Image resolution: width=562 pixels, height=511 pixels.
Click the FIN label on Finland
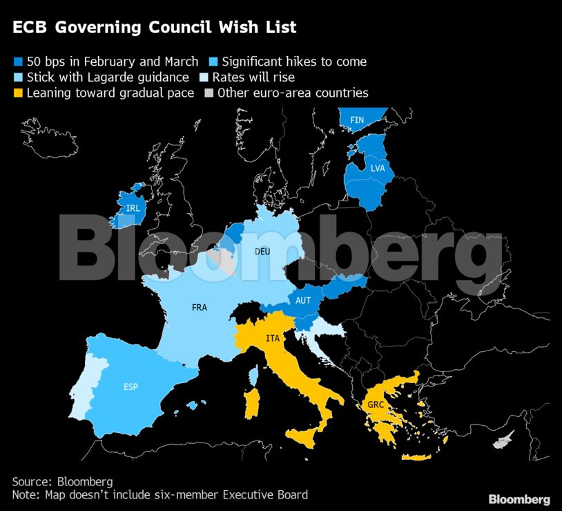357,120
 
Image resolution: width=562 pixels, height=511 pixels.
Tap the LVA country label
378,169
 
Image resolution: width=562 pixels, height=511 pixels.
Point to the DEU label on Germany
262,252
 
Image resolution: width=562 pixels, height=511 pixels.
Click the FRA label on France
200,308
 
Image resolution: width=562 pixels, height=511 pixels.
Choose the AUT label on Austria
303,301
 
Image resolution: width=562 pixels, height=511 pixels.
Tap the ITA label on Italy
273,338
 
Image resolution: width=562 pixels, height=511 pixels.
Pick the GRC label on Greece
376,405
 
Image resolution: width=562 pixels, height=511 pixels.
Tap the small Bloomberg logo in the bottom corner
519,499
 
